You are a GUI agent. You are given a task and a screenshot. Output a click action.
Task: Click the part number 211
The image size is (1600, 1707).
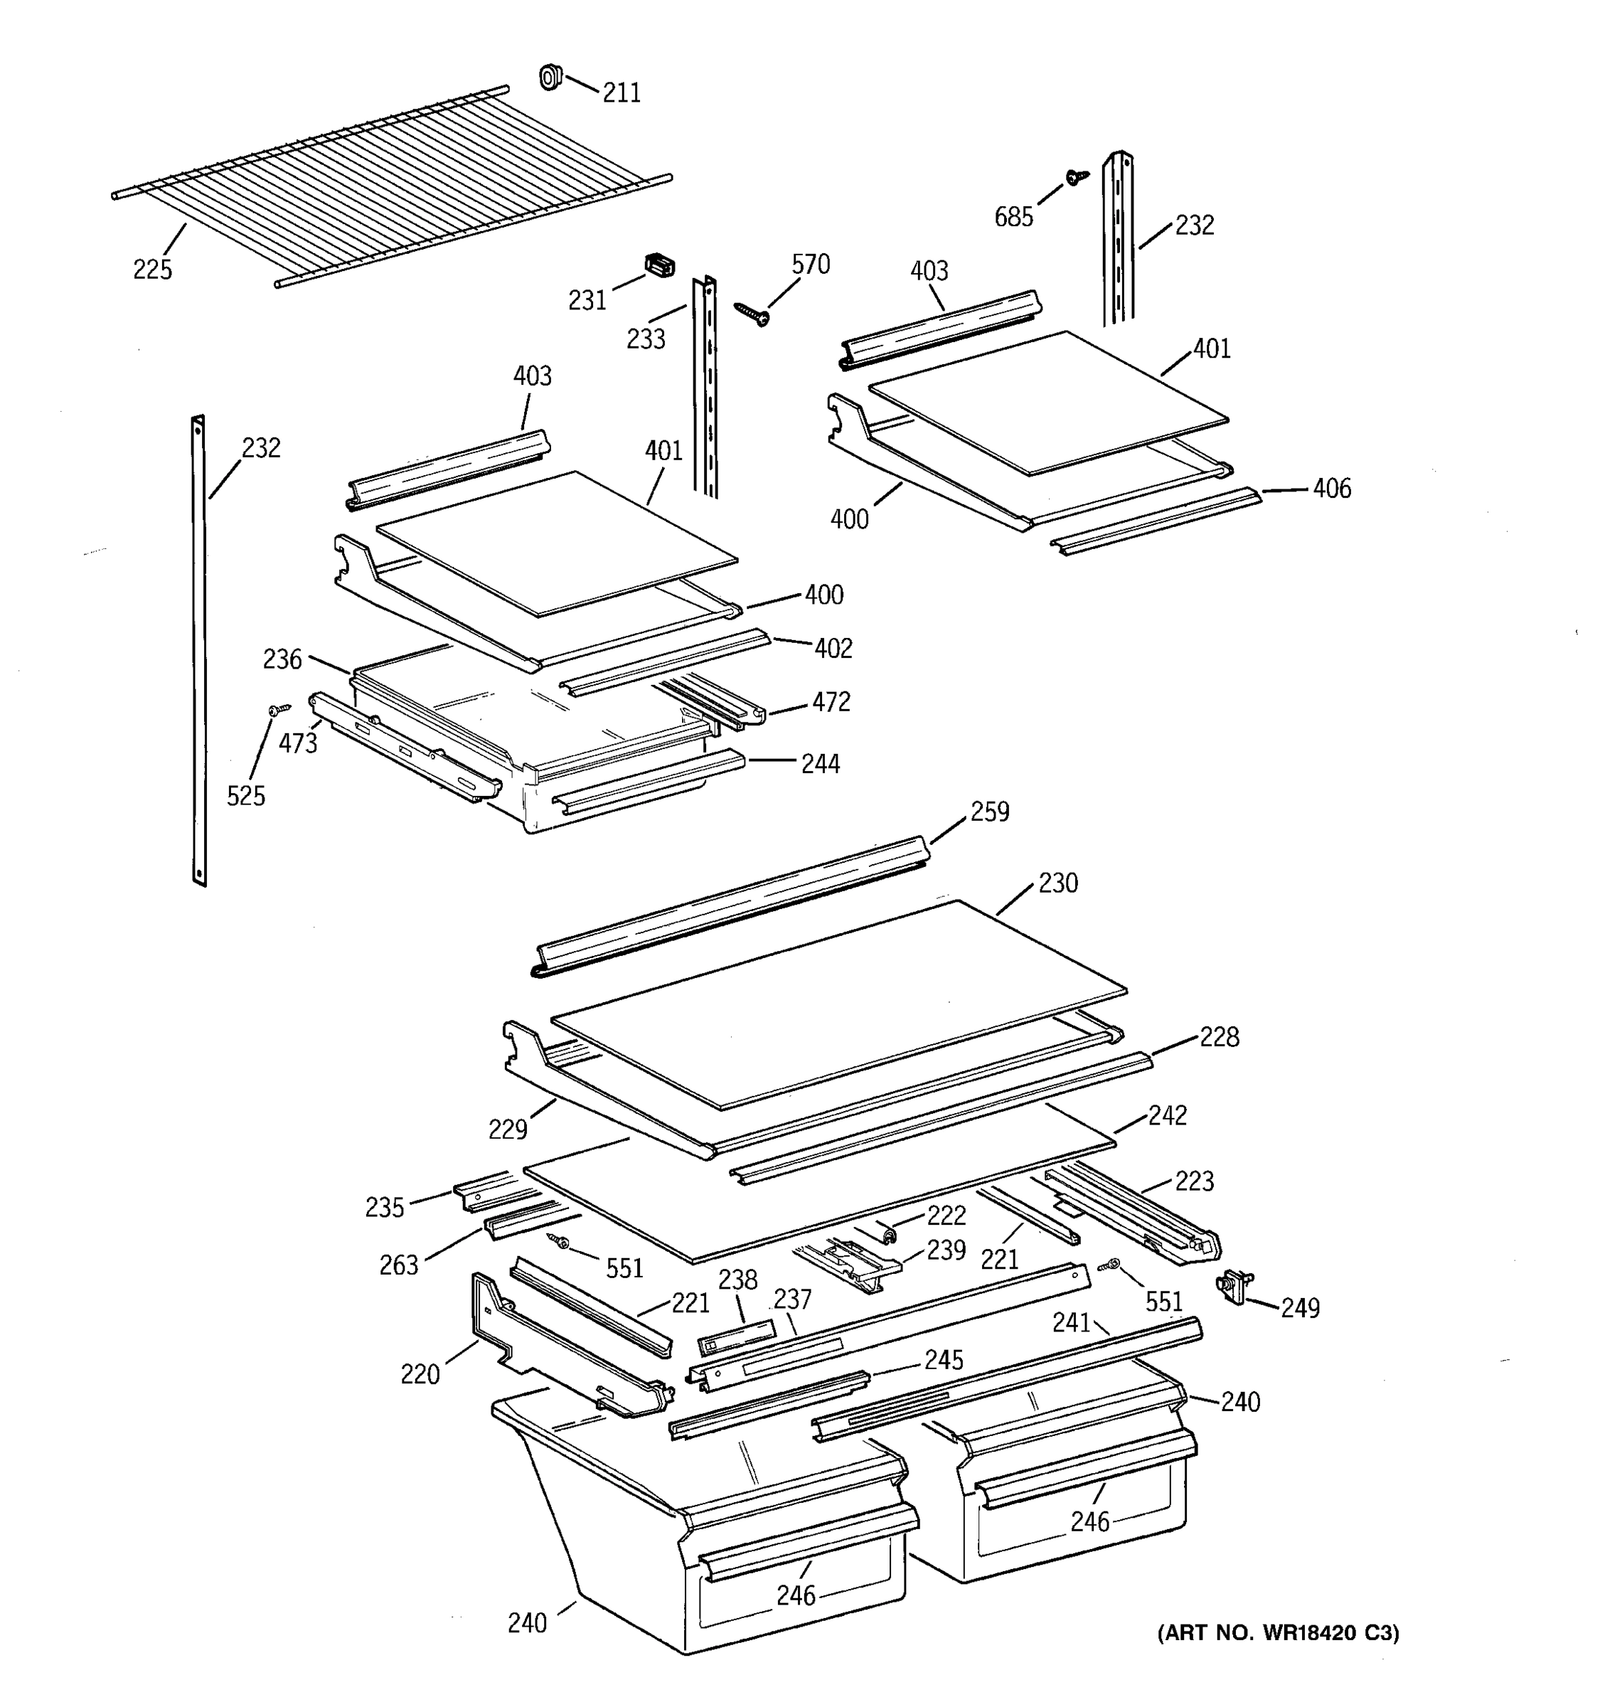(621, 92)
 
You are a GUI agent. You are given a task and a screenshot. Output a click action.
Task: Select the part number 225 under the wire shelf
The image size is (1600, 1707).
(152, 270)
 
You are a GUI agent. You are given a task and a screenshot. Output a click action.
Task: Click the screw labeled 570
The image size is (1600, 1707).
(750, 314)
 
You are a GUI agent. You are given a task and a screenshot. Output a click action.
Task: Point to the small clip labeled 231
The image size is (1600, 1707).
(658, 266)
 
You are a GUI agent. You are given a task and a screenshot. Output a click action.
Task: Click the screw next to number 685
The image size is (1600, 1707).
(1075, 177)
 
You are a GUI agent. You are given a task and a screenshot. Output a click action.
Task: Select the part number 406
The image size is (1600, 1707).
(1331, 489)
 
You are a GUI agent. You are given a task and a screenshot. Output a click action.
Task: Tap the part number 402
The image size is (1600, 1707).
(833, 648)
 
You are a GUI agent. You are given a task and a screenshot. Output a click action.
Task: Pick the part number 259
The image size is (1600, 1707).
(989, 812)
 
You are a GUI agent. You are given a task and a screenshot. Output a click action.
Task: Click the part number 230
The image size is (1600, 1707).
(1057, 883)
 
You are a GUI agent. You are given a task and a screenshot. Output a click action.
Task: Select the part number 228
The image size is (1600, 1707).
(1218, 1037)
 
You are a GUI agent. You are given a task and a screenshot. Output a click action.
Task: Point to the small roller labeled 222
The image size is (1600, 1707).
(890, 1235)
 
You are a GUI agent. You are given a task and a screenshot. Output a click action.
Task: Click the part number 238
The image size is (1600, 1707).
(737, 1280)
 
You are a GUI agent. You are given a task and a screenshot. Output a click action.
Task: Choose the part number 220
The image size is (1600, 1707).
(420, 1375)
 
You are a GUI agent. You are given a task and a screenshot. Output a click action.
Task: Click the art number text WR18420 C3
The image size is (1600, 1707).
(1278, 1633)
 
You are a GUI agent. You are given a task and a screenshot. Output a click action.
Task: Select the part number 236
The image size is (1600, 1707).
(282, 659)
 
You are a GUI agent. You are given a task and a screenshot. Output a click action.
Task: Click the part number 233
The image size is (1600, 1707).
(646, 339)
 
